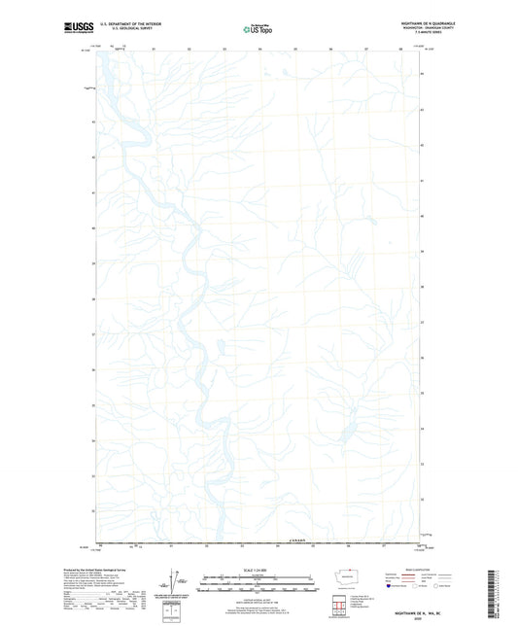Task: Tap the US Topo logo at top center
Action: tap(258, 28)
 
